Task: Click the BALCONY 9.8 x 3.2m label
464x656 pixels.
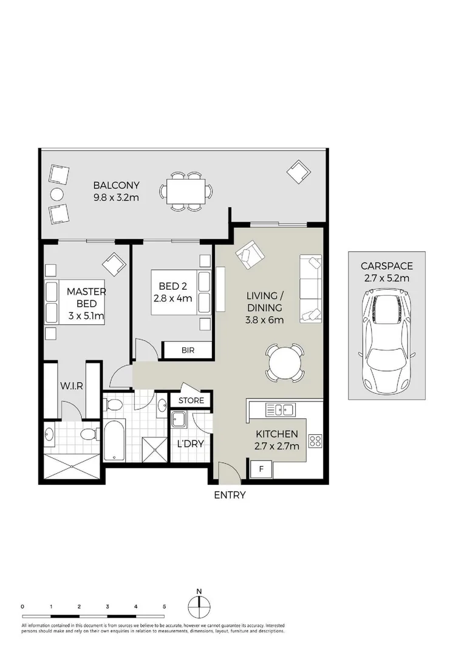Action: click(x=116, y=191)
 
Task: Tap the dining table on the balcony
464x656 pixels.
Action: click(x=187, y=192)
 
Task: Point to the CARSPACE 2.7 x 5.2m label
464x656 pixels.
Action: click(x=386, y=272)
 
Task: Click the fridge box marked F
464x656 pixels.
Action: click(x=262, y=469)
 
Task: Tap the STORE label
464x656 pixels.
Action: click(x=191, y=401)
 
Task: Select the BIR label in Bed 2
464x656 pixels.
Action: click(x=187, y=350)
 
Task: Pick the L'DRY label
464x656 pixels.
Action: click(x=190, y=443)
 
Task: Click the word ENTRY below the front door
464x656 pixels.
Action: click(x=230, y=495)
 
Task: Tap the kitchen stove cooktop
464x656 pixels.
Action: click(x=315, y=440)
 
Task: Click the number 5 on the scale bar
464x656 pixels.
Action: click(x=164, y=606)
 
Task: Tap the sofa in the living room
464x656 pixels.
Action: click(x=310, y=288)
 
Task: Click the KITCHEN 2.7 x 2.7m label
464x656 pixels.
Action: click(x=276, y=440)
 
